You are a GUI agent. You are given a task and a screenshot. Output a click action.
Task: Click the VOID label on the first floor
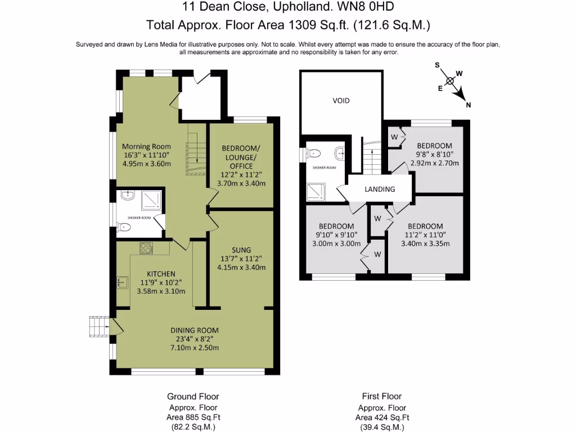click(341, 101)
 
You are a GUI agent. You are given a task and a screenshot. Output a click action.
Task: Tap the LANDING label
click(380, 189)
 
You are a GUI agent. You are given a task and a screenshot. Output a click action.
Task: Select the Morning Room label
click(147, 147)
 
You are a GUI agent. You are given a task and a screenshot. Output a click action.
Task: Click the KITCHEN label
click(161, 274)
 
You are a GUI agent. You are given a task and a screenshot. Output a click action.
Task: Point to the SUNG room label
click(241, 250)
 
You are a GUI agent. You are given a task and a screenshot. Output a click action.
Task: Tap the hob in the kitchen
click(146, 248)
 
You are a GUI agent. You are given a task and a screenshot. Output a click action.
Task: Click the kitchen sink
click(123, 282)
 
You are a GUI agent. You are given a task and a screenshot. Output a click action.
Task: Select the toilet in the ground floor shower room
click(123, 227)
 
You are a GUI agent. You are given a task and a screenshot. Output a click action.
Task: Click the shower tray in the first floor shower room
click(316, 192)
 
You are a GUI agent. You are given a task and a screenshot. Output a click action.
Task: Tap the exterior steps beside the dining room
click(99, 326)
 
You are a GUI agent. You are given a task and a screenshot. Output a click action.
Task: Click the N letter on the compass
click(469, 105)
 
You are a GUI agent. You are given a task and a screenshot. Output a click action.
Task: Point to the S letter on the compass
click(437, 65)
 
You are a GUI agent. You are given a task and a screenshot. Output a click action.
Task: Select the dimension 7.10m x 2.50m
click(195, 348)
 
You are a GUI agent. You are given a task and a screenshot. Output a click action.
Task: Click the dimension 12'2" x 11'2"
click(241, 175)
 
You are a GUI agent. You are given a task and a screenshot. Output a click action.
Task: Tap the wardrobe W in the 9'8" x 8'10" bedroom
click(394, 137)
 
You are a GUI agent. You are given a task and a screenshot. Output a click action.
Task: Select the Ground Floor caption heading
click(193, 397)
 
